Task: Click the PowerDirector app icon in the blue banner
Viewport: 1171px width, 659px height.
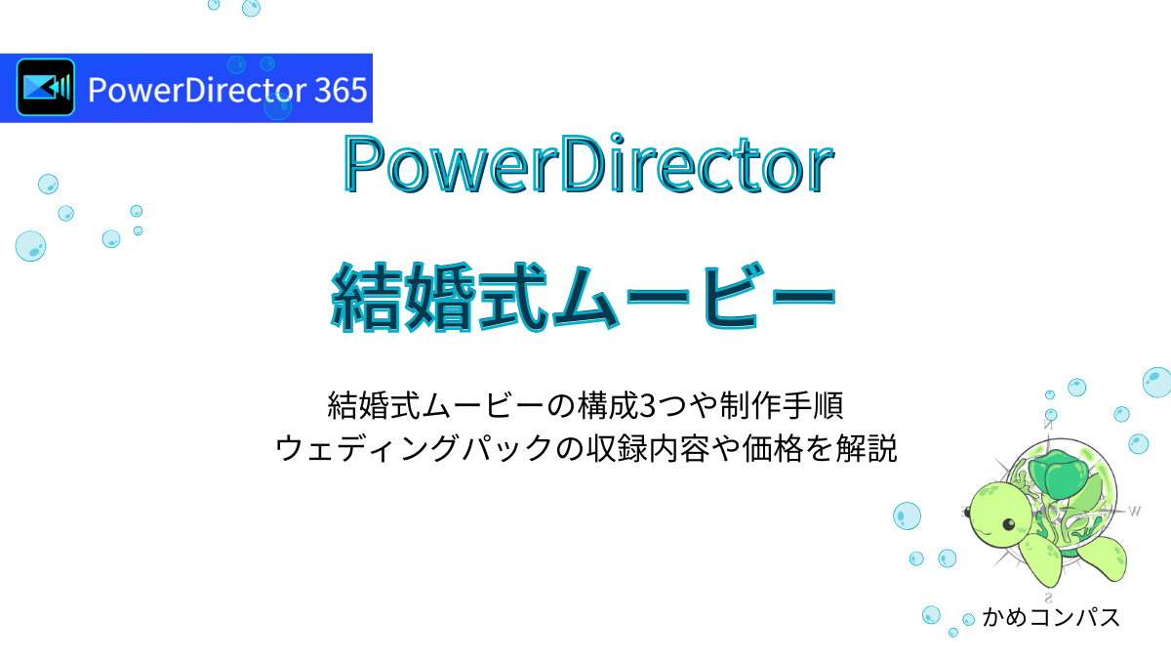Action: (46, 88)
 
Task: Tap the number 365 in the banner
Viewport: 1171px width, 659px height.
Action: (341, 90)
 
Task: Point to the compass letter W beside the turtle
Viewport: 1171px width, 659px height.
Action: (1134, 510)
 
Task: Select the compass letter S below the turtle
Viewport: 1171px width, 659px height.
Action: (1048, 597)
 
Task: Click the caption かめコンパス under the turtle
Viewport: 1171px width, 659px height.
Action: (1050, 618)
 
